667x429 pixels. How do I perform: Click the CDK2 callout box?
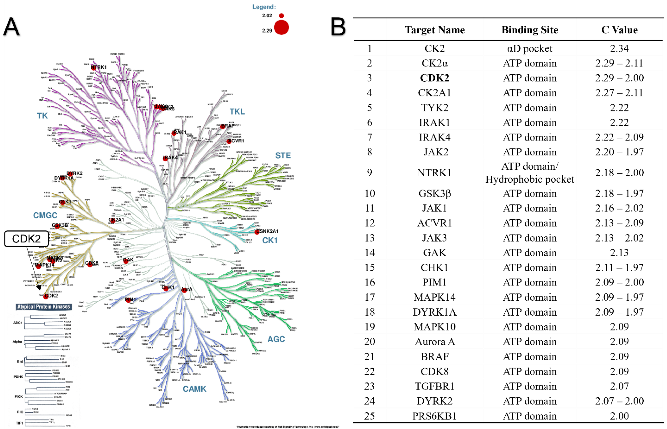pos(26,239)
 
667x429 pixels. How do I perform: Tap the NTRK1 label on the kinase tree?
pos(99,67)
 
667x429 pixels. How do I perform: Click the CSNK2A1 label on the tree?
pos(268,231)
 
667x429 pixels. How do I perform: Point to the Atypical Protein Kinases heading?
pos(44,307)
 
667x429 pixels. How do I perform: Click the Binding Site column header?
pos(530,30)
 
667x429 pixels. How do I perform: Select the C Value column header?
pos(619,30)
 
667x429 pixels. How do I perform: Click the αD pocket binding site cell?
pos(530,49)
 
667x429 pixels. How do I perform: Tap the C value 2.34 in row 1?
pos(619,49)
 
